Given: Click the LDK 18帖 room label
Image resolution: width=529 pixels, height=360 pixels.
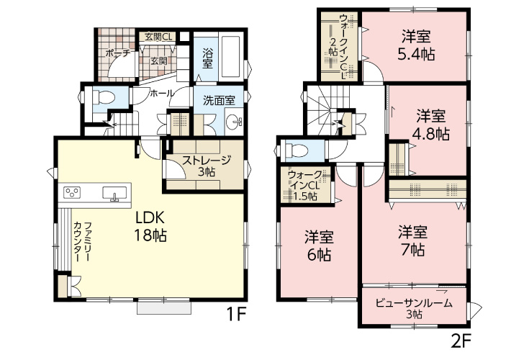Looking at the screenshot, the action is point(150,226).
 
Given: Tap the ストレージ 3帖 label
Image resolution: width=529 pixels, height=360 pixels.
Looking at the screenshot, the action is point(206,166).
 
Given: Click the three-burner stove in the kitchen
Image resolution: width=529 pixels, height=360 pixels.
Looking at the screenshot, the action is point(72,193).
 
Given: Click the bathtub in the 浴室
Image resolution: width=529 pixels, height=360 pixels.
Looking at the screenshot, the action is point(230,57).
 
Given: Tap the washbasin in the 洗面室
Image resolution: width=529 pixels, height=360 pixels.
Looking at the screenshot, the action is point(233,121).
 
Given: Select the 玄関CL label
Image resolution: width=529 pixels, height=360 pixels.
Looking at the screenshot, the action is point(158,37).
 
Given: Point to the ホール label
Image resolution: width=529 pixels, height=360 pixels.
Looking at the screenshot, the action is point(162,93).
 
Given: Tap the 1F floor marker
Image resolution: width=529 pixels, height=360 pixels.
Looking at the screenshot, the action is point(237,315).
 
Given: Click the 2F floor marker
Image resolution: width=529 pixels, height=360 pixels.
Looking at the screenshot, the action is point(460,342).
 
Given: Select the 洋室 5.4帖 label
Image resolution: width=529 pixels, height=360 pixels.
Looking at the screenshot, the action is point(416,45).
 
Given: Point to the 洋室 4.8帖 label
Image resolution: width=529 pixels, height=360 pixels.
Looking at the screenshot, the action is point(431,125).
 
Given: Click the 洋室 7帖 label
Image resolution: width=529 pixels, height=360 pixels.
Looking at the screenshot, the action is point(412,241).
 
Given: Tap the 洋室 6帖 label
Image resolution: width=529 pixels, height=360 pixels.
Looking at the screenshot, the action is point(319,246).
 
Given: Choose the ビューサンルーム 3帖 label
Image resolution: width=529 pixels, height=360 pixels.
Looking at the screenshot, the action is point(414,308).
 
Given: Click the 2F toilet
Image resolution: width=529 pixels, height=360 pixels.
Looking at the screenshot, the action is point(296,149).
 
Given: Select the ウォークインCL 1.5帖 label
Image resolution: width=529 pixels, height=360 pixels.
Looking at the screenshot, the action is point(304,186).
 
